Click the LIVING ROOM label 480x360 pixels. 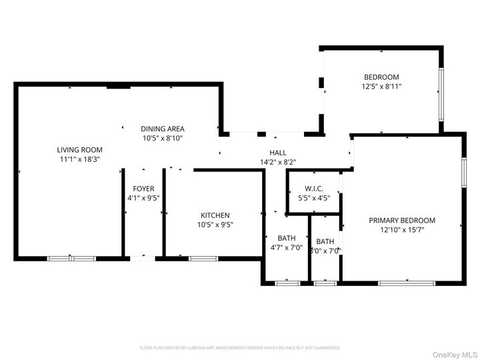79,150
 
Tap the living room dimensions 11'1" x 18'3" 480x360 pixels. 79,159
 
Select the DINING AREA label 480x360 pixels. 162,129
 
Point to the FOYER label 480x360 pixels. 143,189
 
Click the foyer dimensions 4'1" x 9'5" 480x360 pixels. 143,198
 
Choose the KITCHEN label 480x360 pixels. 215,215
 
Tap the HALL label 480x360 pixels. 277,153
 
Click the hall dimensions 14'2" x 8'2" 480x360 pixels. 277,162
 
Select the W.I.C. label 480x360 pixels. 314,189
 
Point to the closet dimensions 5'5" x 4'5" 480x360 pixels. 314,198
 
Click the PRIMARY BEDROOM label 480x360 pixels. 402,221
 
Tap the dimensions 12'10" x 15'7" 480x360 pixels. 402,230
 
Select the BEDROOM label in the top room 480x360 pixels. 381,77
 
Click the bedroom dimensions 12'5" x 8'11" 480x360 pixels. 381,86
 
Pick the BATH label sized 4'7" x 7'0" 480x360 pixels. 287,238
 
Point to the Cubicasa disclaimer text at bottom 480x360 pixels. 240,348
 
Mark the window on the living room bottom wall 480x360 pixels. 71,258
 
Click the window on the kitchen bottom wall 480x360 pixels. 198,258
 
